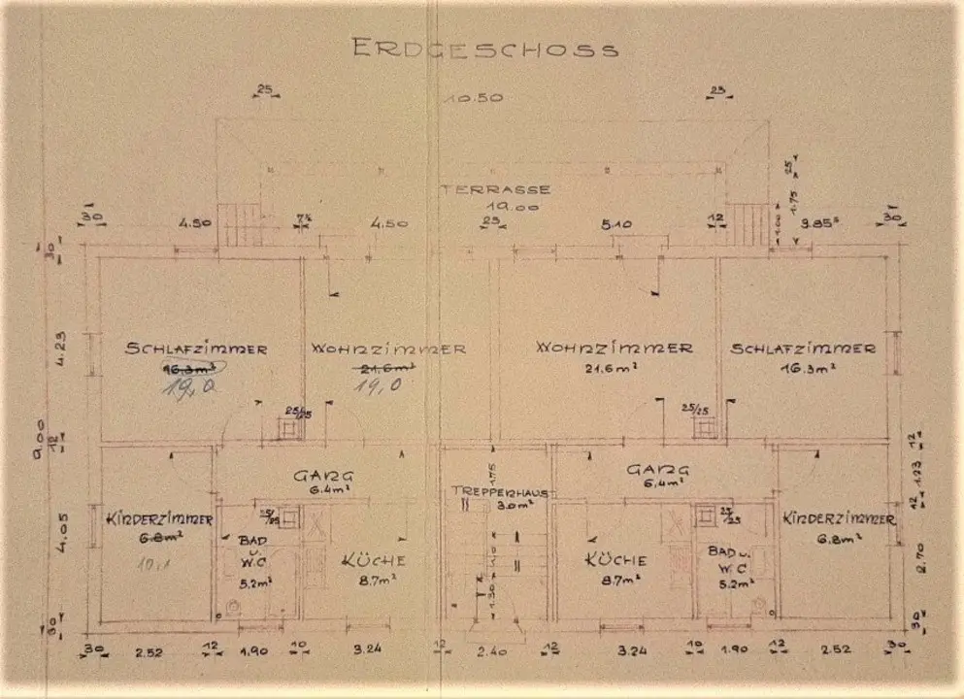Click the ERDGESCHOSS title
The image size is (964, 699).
[x=483, y=49]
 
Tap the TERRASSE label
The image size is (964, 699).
[x=495, y=189]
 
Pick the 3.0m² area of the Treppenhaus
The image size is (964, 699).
[x=500, y=506]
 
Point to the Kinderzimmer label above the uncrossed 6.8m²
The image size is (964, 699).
[x=838, y=518]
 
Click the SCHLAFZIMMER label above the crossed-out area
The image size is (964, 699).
[x=196, y=349]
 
